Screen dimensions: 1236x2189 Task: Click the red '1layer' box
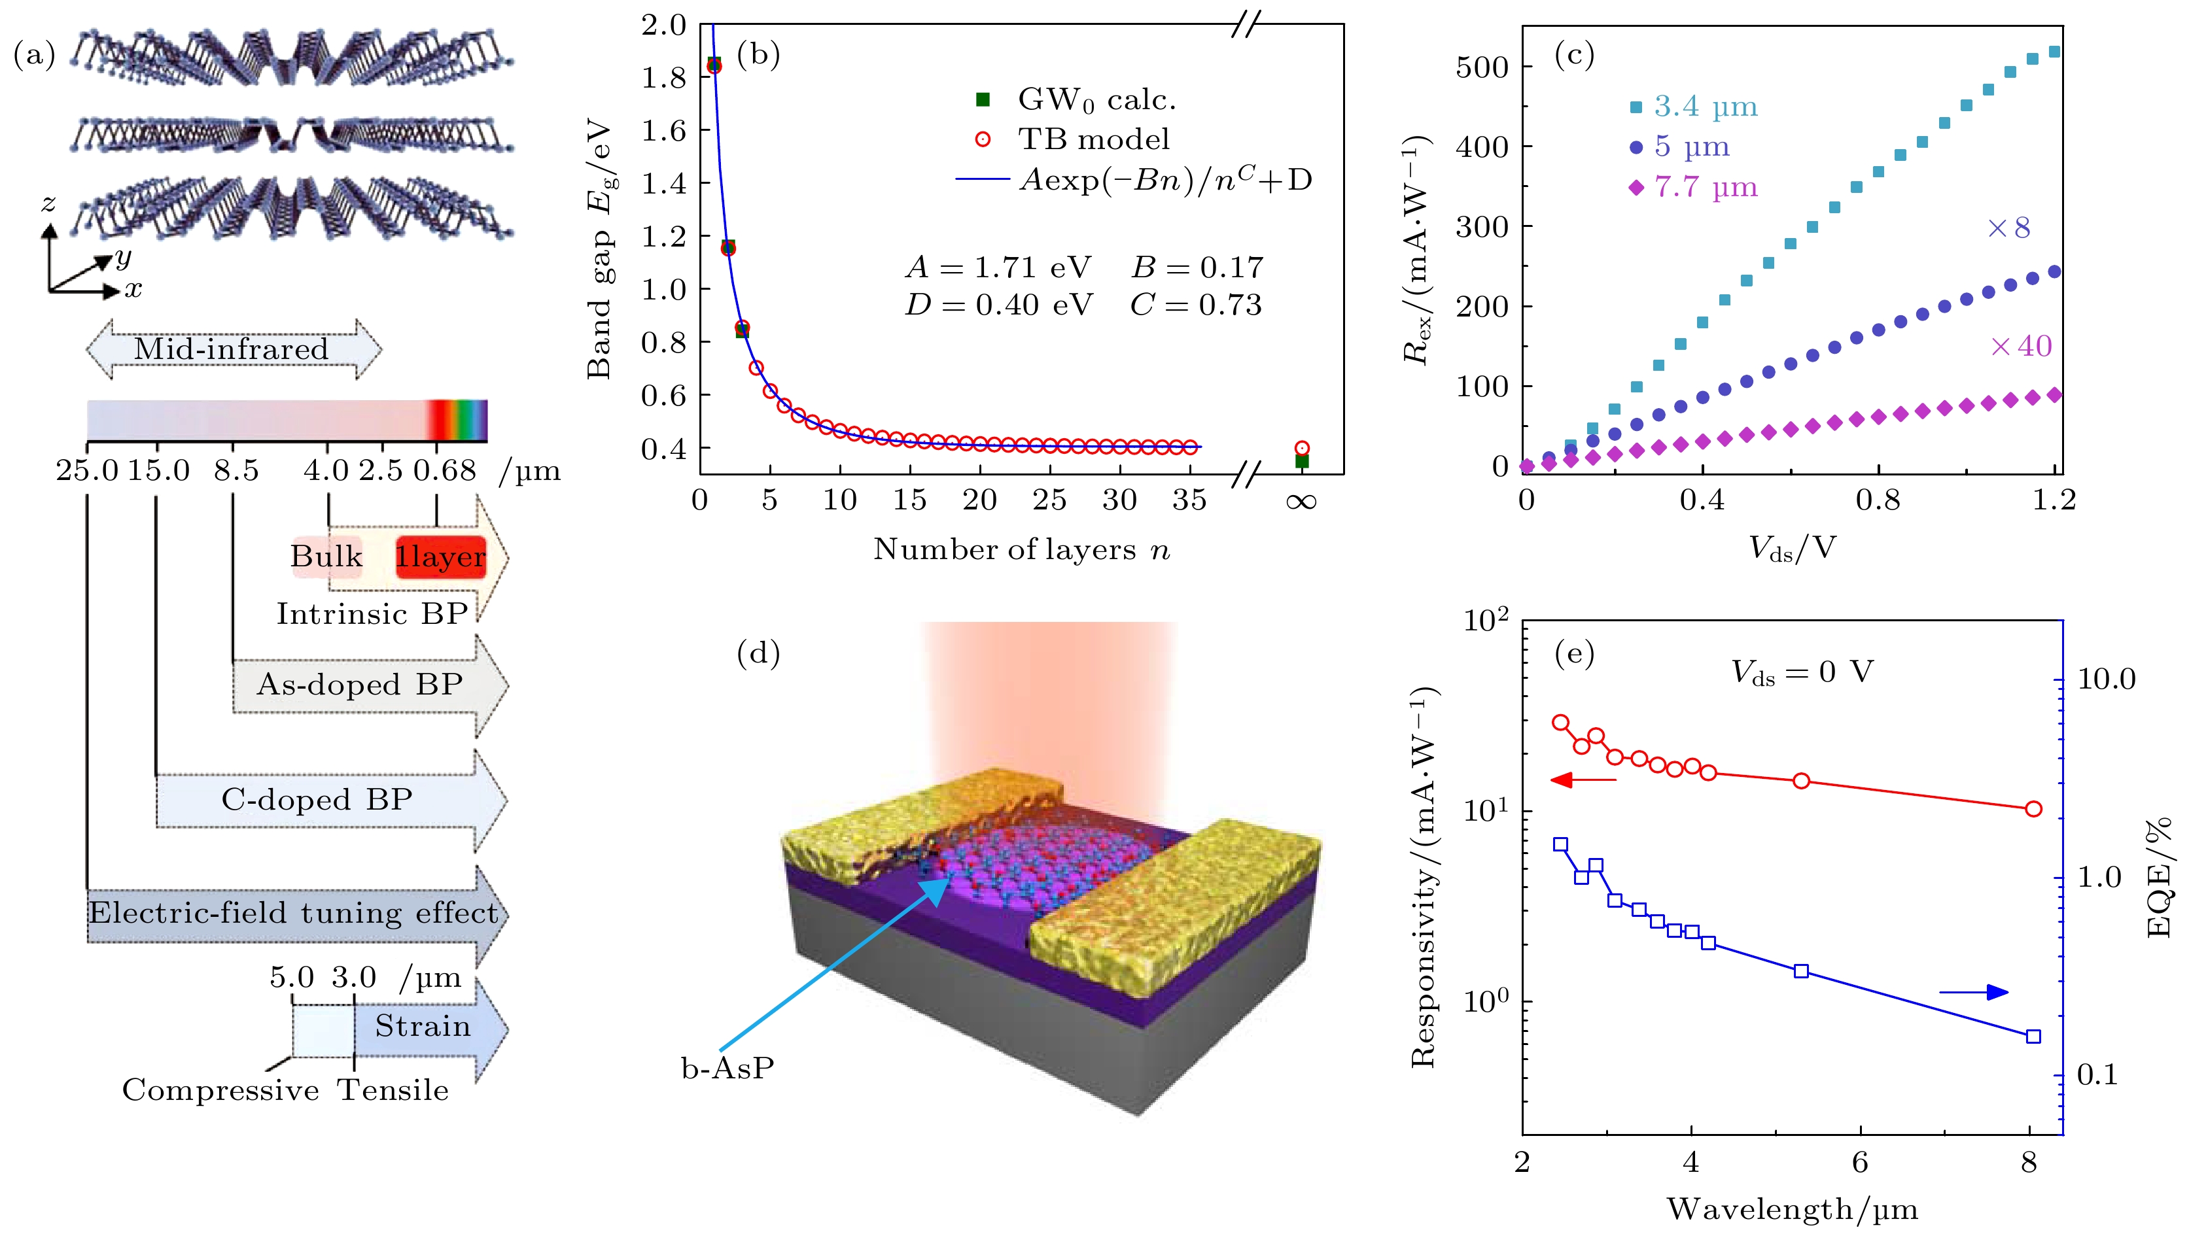(440, 557)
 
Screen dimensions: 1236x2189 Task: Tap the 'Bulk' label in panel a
(326, 557)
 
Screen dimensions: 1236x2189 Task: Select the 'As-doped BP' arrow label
(359, 685)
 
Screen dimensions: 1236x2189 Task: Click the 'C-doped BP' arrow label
(317, 799)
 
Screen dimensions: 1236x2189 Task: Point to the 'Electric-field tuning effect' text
(293, 913)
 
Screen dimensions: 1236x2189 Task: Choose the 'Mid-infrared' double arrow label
(231, 349)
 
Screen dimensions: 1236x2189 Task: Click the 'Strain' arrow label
(423, 1026)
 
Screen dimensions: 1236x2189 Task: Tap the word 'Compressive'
(220, 1091)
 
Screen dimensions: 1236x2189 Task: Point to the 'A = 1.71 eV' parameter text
(998, 267)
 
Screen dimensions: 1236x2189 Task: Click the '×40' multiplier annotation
(2021, 347)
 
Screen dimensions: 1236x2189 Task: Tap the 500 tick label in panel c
(1481, 67)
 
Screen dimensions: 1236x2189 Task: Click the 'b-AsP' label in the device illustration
(728, 1069)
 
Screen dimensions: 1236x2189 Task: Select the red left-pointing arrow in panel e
(1583, 780)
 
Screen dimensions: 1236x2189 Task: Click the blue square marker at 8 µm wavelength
(2033, 1037)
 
